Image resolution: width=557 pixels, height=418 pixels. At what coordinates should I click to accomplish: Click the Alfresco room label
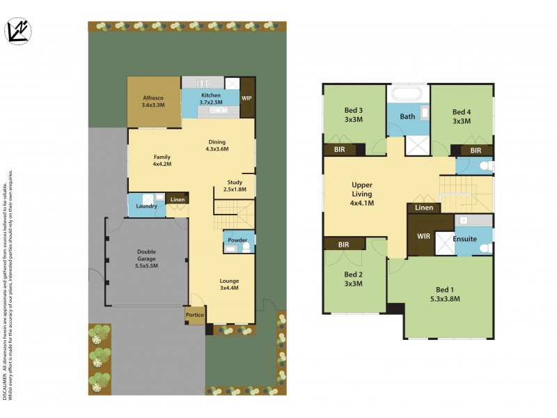coord(153,101)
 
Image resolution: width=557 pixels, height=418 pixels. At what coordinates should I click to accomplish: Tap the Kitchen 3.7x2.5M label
coord(210,99)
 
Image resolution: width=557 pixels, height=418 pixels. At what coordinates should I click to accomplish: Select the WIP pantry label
coord(246,98)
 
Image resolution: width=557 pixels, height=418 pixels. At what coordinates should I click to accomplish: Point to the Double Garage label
coord(146,258)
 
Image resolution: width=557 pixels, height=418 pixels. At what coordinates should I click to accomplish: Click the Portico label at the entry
coord(194,316)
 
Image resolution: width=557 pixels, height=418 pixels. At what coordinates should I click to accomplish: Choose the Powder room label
coord(237,240)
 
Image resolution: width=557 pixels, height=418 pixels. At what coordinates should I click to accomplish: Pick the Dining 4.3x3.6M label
coord(217,145)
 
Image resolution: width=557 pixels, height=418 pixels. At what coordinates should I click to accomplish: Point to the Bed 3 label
coord(353,115)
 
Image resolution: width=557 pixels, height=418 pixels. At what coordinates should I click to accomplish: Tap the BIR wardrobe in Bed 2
coord(344,245)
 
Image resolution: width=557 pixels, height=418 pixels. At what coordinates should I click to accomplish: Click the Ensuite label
coord(464,239)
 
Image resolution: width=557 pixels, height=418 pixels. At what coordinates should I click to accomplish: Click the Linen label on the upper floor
coord(424,208)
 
